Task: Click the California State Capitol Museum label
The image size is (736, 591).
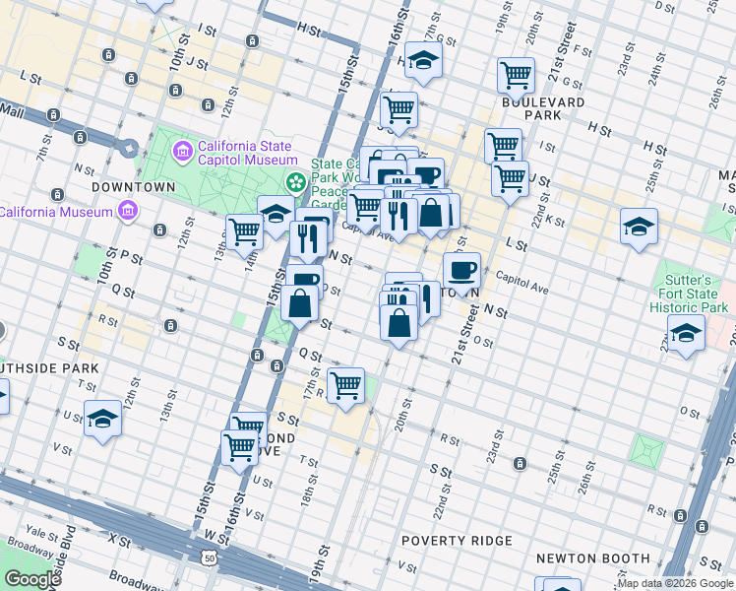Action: click(247, 153)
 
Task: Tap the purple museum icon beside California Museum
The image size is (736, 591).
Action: click(127, 211)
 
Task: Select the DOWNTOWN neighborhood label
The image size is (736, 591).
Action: click(133, 186)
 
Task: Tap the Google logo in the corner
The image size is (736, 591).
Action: click(32, 578)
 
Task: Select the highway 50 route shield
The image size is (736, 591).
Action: click(209, 558)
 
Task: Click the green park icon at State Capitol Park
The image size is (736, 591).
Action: click(294, 182)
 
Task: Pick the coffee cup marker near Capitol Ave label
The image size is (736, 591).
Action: click(461, 269)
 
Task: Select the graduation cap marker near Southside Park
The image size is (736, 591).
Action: click(102, 418)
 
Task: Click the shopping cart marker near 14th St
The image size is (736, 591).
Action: click(245, 232)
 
